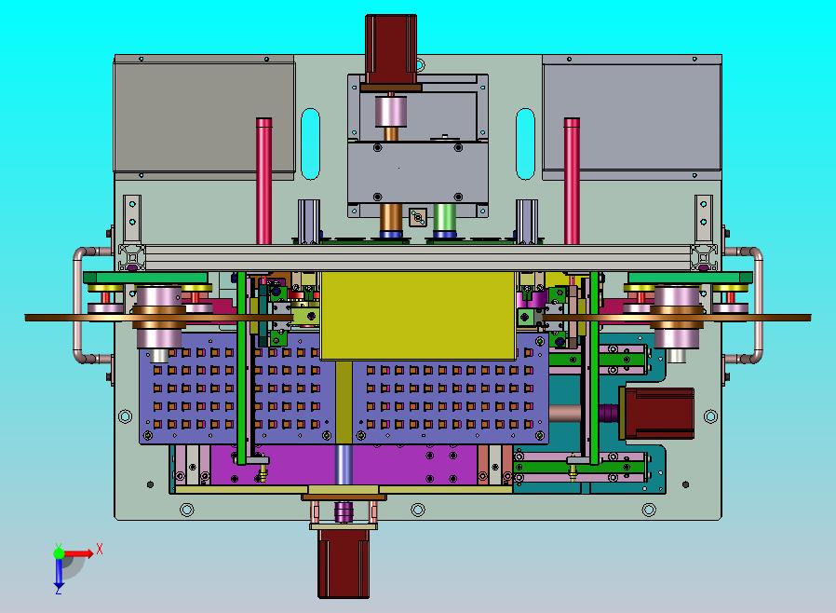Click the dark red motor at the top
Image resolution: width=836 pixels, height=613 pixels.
pyautogui.click(x=391, y=49)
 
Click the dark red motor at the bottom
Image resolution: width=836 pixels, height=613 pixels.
pyautogui.click(x=344, y=563)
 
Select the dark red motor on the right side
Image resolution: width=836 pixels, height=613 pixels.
pyautogui.click(x=657, y=414)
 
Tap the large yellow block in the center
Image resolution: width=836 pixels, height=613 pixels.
pyautogui.click(x=419, y=316)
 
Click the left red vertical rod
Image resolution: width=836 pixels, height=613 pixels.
pyautogui.click(x=263, y=182)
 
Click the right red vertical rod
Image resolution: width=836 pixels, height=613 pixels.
pyautogui.click(x=572, y=182)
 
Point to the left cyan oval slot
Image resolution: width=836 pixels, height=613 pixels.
pyautogui.click(x=310, y=144)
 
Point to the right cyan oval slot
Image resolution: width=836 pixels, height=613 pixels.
pyautogui.click(x=525, y=144)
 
